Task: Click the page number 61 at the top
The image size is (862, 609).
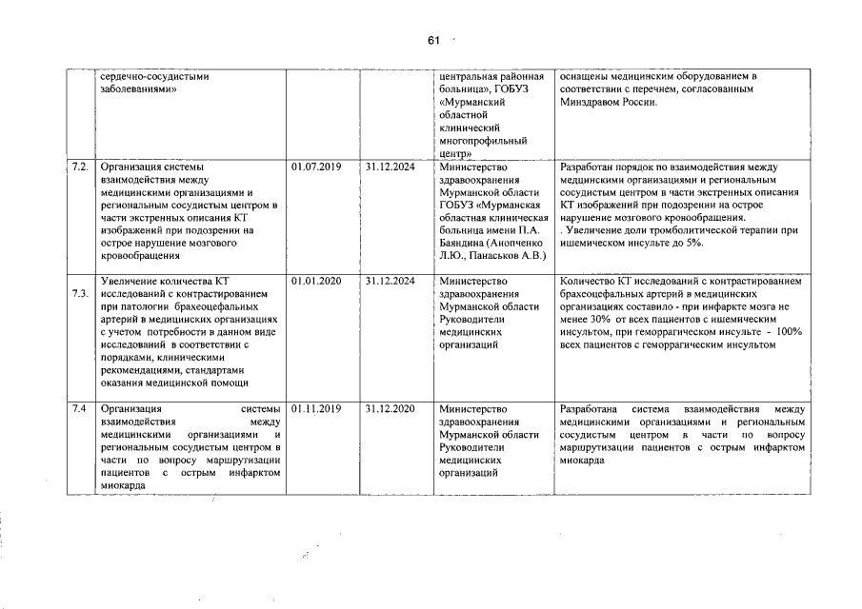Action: [432, 40]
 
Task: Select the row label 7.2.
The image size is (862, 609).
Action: [79, 167]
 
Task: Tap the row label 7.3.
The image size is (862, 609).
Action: [79, 293]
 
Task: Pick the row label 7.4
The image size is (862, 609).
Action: [78, 408]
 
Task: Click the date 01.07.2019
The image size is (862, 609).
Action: [315, 167]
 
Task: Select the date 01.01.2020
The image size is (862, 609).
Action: [315, 281]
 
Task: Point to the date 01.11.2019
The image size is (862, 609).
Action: [315, 408]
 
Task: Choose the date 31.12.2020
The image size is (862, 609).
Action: [389, 408]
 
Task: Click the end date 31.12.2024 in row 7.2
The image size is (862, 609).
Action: [389, 167]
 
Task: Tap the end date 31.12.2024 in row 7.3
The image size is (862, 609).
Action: [389, 281]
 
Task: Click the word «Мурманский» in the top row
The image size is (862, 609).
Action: [471, 101]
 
